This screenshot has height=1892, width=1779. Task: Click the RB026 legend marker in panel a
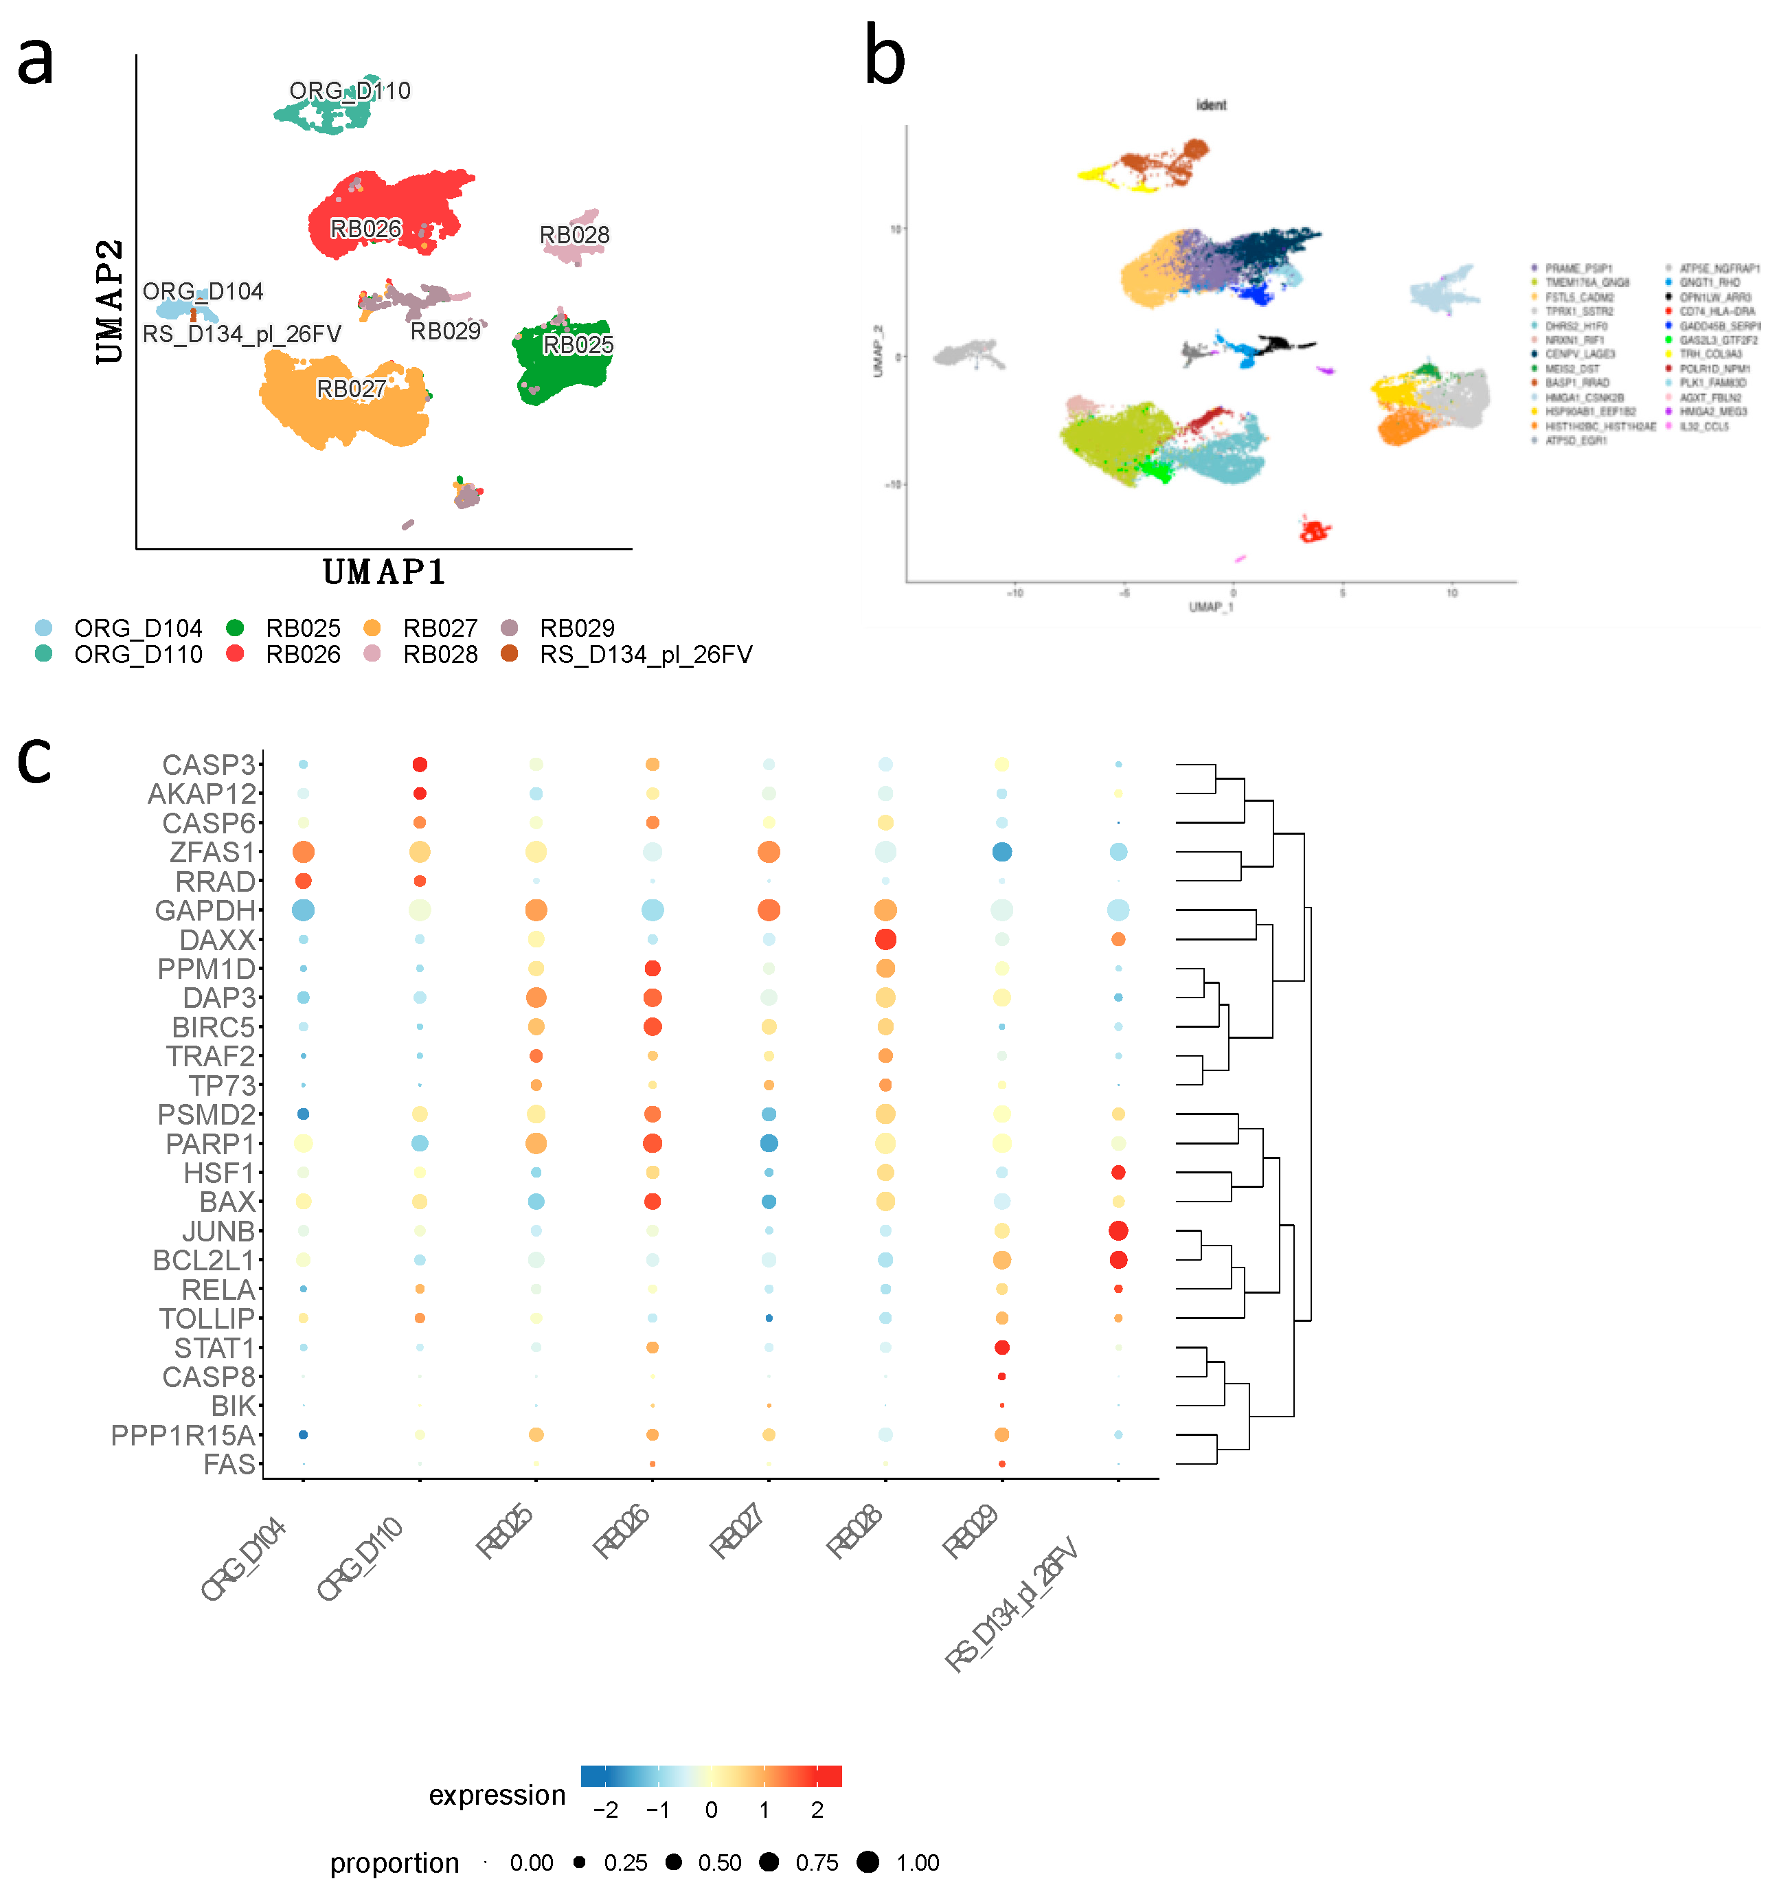[x=235, y=654]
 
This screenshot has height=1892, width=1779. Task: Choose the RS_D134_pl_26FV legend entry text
[x=645, y=655]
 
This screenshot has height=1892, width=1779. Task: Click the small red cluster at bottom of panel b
[x=1315, y=531]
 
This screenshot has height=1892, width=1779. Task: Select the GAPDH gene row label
[x=205, y=911]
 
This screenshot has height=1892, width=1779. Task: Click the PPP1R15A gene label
[x=183, y=1435]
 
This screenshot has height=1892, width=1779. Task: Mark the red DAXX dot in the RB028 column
[x=885, y=939]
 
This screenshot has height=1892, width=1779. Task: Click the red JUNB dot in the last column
[x=1118, y=1230]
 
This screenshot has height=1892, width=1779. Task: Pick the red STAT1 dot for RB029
[x=1001, y=1348]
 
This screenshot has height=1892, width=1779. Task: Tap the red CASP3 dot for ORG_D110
[x=420, y=764]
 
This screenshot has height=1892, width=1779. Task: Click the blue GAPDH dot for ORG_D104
[x=302, y=910]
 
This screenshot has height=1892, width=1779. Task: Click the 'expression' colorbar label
[x=497, y=1795]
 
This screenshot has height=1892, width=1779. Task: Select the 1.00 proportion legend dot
[x=867, y=1862]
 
